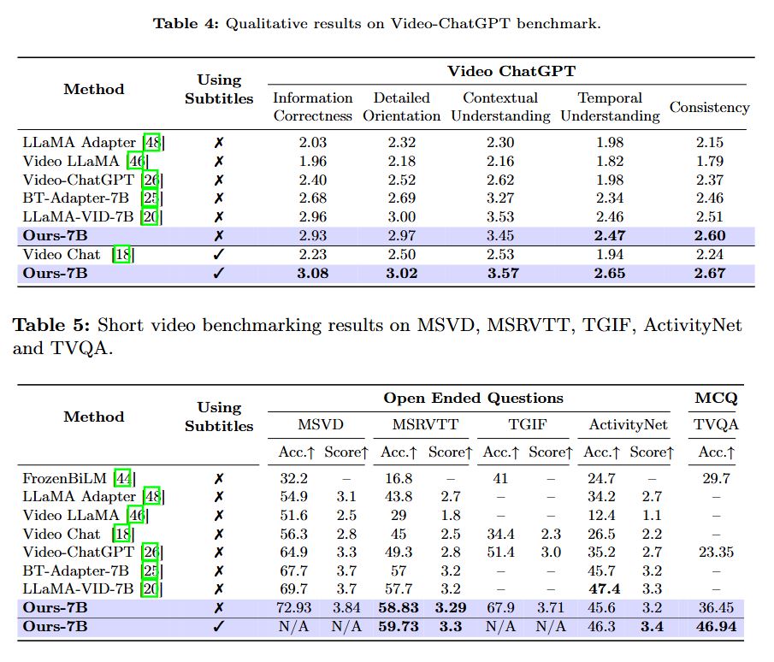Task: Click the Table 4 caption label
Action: click(186, 24)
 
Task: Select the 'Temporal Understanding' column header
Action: click(610, 107)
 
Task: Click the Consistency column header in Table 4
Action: click(709, 107)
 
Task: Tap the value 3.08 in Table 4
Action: click(312, 273)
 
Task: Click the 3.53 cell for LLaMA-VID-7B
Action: click(500, 217)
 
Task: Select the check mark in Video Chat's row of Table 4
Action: click(219, 254)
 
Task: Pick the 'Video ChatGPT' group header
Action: click(511, 70)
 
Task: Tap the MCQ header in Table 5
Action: click(716, 398)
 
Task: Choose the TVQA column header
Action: click(716, 424)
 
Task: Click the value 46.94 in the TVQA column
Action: click(716, 627)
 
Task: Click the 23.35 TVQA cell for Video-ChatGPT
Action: click(716, 552)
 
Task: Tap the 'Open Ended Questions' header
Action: click(473, 398)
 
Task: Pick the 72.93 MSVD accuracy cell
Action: click(294, 608)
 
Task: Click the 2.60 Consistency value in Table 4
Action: click(709, 235)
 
